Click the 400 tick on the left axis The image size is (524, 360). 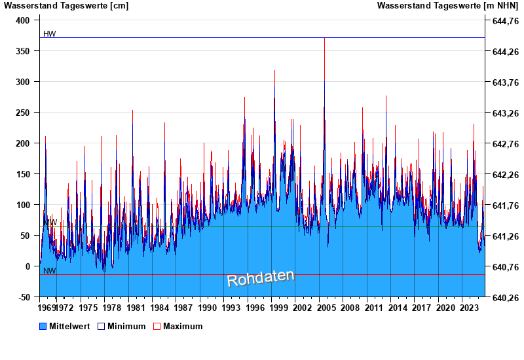coord(23,20)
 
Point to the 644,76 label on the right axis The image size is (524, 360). coord(502,20)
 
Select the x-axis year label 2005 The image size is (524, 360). coord(326,308)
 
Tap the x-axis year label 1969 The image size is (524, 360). coord(47,308)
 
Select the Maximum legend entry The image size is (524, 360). coord(183,326)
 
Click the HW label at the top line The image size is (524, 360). coord(49,34)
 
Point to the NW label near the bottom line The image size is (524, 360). coord(49,270)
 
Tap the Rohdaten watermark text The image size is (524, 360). coord(261,278)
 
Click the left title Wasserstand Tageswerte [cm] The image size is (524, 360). coord(66,6)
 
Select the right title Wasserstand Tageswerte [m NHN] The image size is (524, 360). coord(447,6)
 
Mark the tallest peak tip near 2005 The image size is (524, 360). coord(324,39)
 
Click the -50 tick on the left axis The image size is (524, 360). coord(24,297)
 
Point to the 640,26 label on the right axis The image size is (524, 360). coord(502,297)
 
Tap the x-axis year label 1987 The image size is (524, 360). coord(183,308)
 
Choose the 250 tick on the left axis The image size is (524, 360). coord(23,113)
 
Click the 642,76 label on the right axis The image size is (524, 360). coord(502,143)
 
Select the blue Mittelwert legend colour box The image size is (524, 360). coord(43,326)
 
